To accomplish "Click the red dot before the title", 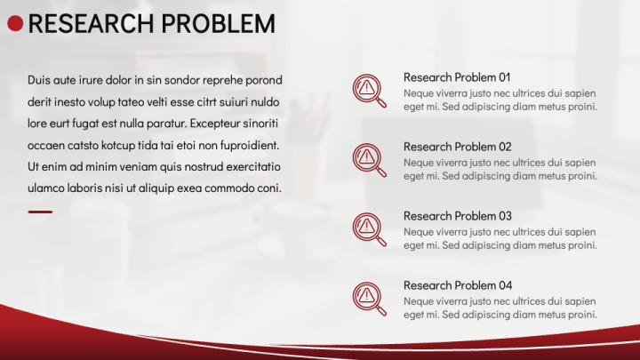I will tap(15, 24).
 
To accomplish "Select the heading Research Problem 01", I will tap(457, 77).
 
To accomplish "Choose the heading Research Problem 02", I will tap(457, 147).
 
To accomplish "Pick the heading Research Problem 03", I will tap(457, 216).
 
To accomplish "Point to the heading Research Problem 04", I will tap(457, 285).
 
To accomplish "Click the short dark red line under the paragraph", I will tap(40, 212).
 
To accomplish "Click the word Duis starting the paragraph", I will tap(39, 80).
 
